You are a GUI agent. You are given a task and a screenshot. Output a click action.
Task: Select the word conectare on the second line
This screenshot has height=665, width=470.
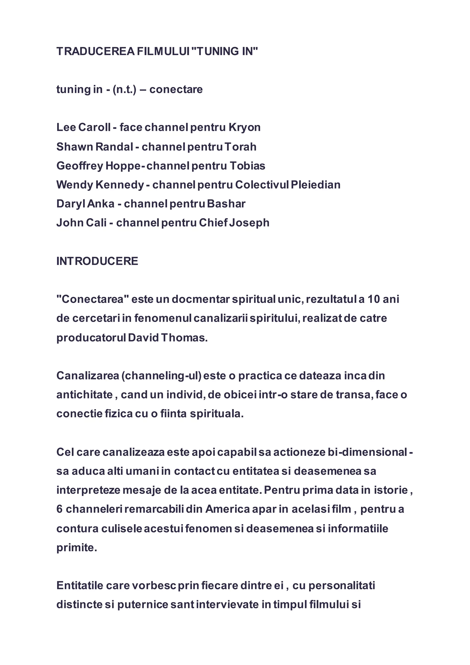pyautogui.click(x=176, y=90)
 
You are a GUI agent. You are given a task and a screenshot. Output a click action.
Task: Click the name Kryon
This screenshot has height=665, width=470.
pyautogui.click(x=245, y=127)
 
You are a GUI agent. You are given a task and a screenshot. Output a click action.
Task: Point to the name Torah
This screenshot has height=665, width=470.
pyautogui.click(x=241, y=147)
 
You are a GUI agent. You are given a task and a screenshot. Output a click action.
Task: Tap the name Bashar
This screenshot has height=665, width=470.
pyautogui.click(x=226, y=204)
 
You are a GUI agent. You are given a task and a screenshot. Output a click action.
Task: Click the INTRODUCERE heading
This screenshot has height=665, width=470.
pyautogui.click(x=97, y=261)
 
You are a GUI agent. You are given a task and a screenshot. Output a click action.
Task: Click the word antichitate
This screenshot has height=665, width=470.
pyautogui.click(x=84, y=395)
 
